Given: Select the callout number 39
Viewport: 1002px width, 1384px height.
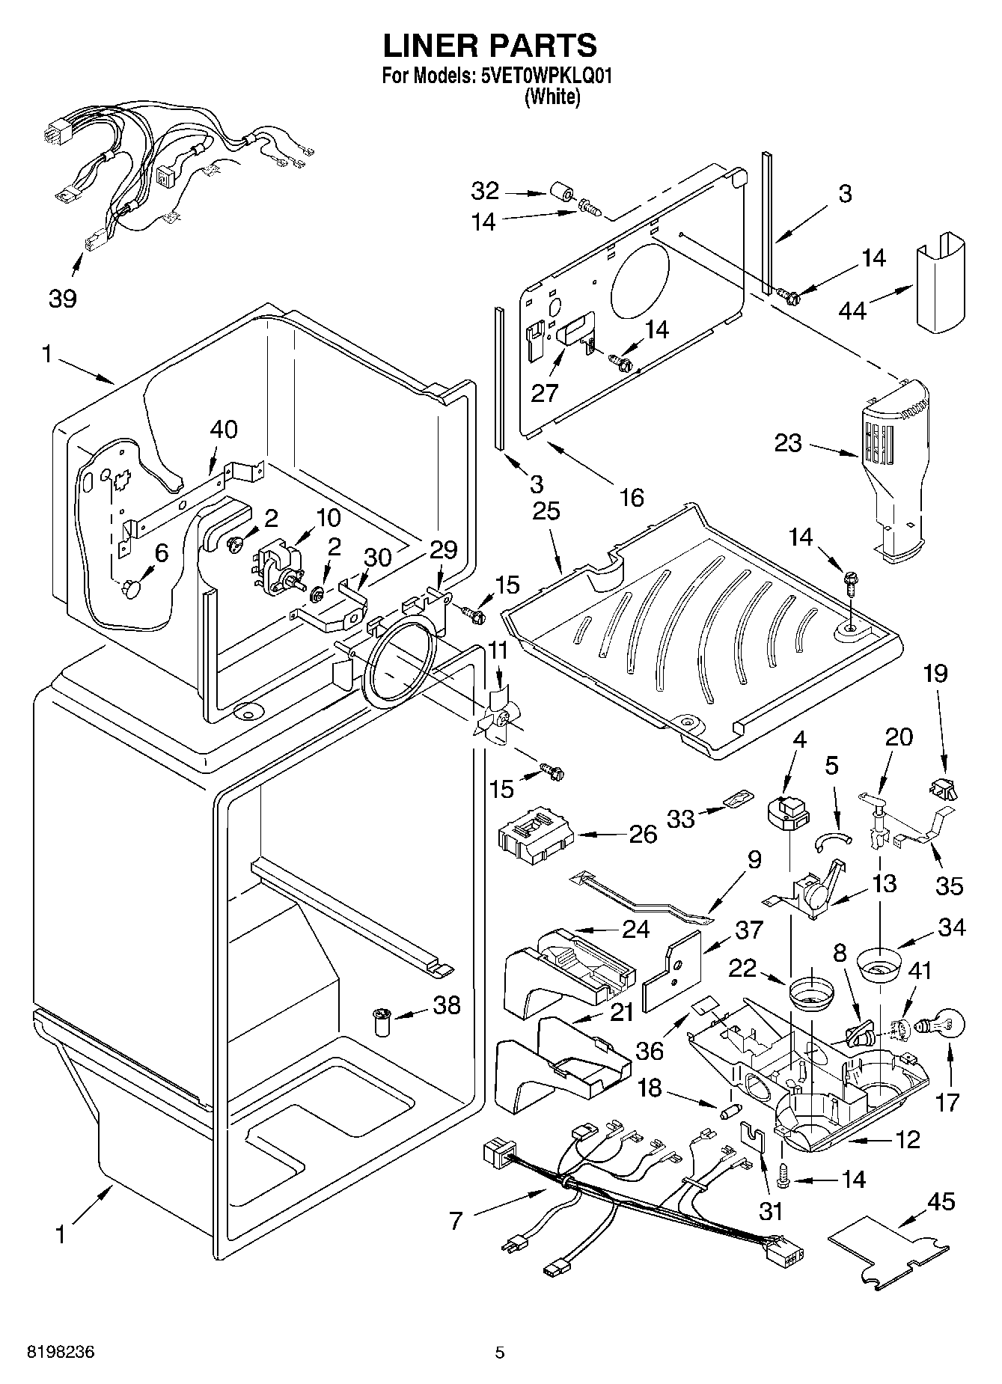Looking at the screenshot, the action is click(x=63, y=299).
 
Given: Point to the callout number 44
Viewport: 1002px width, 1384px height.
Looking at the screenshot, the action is click(x=852, y=310).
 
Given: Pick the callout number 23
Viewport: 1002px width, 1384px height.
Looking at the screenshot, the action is click(x=788, y=443).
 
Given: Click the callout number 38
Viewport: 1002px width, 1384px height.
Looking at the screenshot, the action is click(x=447, y=1005).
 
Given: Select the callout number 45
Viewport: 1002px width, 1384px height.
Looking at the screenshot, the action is click(x=941, y=1202).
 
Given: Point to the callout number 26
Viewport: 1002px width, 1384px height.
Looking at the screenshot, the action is click(x=642, y=834).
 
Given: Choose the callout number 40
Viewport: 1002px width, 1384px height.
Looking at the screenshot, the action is click(x=224, y=430).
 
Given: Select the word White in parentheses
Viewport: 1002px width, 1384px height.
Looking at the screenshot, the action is click(x=552, y=97).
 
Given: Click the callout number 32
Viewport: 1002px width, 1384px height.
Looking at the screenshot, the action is click(x=485, y=191).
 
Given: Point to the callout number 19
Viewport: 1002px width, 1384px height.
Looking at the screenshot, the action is click(x=935, y=674).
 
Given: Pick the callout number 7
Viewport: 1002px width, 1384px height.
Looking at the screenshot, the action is click(x=456, y=1222).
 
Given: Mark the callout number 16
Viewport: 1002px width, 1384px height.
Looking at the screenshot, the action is click(x=632, y=497).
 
